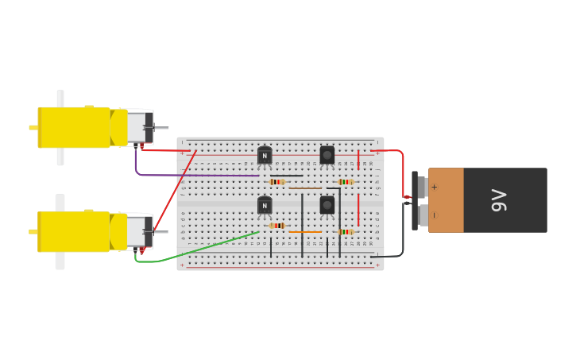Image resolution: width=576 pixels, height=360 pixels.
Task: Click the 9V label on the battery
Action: click(499, 199)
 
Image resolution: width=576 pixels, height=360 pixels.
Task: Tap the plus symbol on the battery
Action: click(434, 188)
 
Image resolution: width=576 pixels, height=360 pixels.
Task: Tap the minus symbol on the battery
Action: click(434, 215)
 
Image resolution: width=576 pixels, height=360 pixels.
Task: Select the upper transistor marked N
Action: click(265, 156)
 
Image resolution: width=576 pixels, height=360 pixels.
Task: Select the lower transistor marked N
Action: click(265, 205)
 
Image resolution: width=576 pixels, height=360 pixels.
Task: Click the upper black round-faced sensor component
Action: click(327, 154)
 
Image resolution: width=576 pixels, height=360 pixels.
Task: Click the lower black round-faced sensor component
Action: click(327, 205)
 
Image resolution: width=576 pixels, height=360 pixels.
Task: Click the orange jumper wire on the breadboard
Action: click(305, 232)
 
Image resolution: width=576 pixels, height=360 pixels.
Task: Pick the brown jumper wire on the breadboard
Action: click(305, 188)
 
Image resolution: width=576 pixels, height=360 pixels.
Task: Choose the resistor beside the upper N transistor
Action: click(276, 182)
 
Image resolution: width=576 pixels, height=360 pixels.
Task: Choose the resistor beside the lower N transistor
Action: click(276, 226)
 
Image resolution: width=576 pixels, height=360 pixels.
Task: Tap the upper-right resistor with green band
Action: click(346, 182)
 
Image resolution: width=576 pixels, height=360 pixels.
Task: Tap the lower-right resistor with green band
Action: click(346, 232)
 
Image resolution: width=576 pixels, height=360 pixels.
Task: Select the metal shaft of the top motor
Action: click(160, 128)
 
